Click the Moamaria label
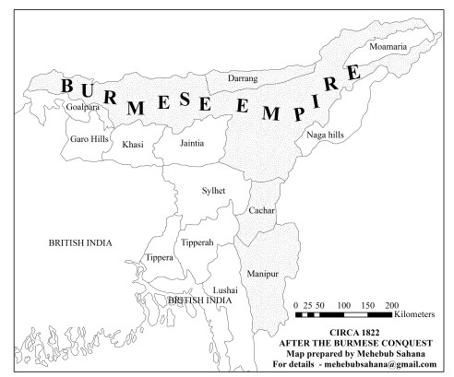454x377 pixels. coord(388,45)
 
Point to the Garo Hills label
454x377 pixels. coord(89,139)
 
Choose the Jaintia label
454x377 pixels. coord(191,143)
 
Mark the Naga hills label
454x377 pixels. coord(324,135)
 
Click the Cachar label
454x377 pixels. coord(260,211)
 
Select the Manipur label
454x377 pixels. coord(263,274)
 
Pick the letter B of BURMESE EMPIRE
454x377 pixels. coord(67,86)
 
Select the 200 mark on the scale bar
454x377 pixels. coord(390,303)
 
